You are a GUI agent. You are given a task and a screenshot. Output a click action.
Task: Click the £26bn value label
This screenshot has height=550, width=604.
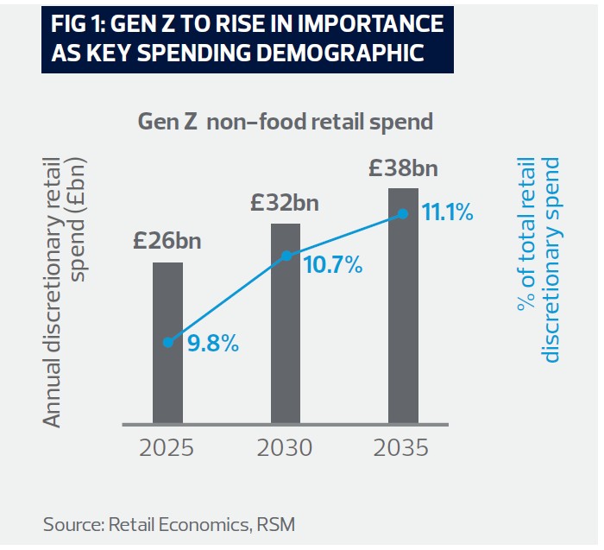167,240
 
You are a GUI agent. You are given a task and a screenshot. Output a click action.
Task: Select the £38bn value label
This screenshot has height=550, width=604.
403,167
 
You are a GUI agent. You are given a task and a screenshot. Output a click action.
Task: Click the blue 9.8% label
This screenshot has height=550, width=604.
212,344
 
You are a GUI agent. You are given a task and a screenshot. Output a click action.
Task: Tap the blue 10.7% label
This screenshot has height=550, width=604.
331,265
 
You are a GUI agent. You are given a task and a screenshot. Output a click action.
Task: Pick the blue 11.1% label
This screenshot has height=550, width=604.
447,212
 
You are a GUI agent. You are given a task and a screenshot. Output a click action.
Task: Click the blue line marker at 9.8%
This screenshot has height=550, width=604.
168,343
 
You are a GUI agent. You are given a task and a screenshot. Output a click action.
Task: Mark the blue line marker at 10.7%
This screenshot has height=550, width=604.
286,256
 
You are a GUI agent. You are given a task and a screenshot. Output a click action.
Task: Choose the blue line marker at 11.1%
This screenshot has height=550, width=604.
403,213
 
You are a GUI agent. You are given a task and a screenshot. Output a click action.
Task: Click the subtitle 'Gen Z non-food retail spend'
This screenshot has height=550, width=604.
285,121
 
